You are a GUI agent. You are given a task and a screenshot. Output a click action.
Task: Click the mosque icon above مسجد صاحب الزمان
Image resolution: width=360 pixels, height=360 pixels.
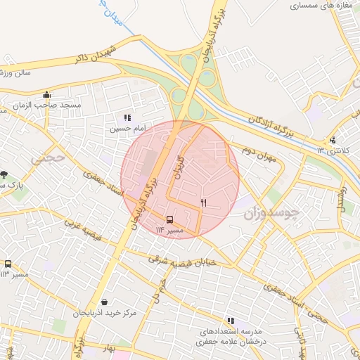[47, 95]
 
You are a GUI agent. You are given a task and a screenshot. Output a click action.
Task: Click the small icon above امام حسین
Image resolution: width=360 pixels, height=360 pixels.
[127, 118]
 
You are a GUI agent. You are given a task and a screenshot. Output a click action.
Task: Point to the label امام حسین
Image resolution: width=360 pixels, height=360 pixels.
[126, 129]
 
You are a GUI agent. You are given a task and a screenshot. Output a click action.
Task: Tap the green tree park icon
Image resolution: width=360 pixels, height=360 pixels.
[4, 174]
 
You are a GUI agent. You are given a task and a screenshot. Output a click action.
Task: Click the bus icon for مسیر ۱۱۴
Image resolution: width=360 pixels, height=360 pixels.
[169, 219]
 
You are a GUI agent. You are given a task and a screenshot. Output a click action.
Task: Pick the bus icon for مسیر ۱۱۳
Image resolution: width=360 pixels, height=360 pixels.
[8, 264]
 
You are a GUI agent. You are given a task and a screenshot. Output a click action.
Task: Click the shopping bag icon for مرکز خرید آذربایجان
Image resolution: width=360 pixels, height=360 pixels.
[104, 301]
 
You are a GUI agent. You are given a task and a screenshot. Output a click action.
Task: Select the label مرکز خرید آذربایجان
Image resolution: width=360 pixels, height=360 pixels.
[110, 311]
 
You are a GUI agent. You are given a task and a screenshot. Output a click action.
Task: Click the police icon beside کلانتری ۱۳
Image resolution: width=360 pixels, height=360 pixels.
[332, 139]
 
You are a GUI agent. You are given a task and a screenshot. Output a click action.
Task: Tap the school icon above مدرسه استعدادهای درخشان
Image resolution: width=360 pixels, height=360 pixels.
[231, 321]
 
